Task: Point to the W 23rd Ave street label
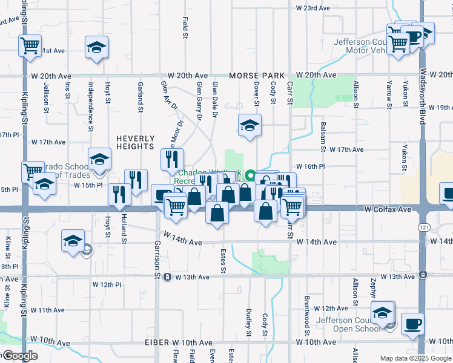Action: (x=313, y=8)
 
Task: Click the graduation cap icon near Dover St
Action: (x=249, y=125)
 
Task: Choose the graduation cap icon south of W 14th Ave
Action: (x=73, y=241)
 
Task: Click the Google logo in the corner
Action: (x=21, y=356)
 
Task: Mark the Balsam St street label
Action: (x=323, y=137)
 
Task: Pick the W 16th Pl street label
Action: (x=311, y=166)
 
